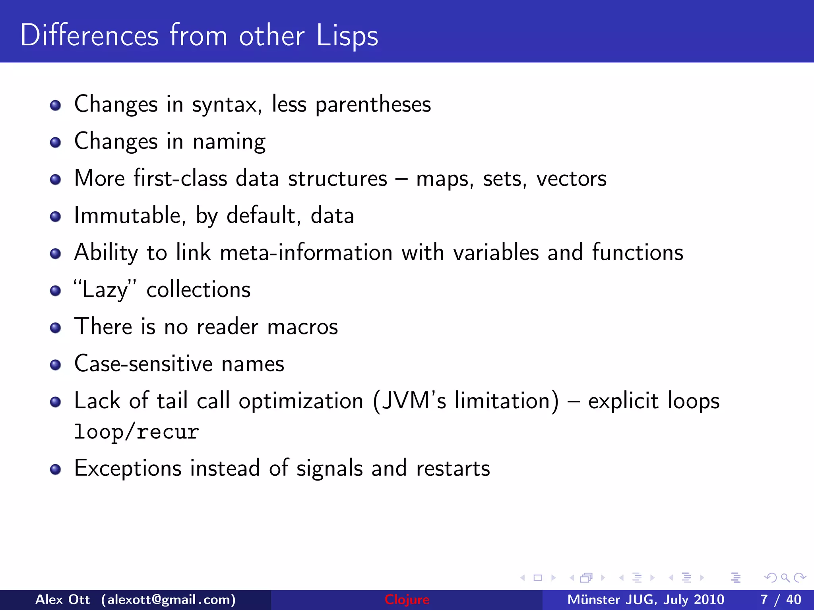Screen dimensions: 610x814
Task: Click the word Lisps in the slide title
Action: pyautogui.click(x=347, y=36)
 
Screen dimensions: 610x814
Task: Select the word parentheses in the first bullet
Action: pyautogui.click(x=373, y=105)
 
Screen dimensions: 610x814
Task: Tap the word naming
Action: pyautogui.click(x=229, y=142)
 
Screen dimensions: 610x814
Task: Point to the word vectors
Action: pyautogui.click(x=571, y=179)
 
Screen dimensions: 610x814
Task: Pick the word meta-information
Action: pyautogui.click(x=306, y=253)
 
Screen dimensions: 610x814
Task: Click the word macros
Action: pyautogui.click(x=302, y=327)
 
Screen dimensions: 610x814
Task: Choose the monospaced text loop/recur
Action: pyautogui.click(x=136, y=432)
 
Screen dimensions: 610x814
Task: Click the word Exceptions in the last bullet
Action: pyautogui.click(x=128, y=468)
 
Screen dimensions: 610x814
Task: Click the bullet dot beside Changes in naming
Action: pyautogui.click(x=55, y=143)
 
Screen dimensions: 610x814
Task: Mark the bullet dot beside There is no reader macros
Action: pyautogui.click(x=55, y=328)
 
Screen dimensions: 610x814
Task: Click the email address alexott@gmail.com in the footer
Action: pyautogui.click(x=168, y=599)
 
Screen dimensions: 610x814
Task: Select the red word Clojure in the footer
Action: pyautogui.click(x=407, y=599)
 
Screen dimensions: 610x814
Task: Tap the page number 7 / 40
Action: pyautogui.click(x=781, y=599)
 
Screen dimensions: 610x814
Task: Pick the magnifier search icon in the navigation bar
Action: pyautogui.click(x=785, y=578)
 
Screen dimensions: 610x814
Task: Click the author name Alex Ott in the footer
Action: pyautogui.click(x=62, y=599)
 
